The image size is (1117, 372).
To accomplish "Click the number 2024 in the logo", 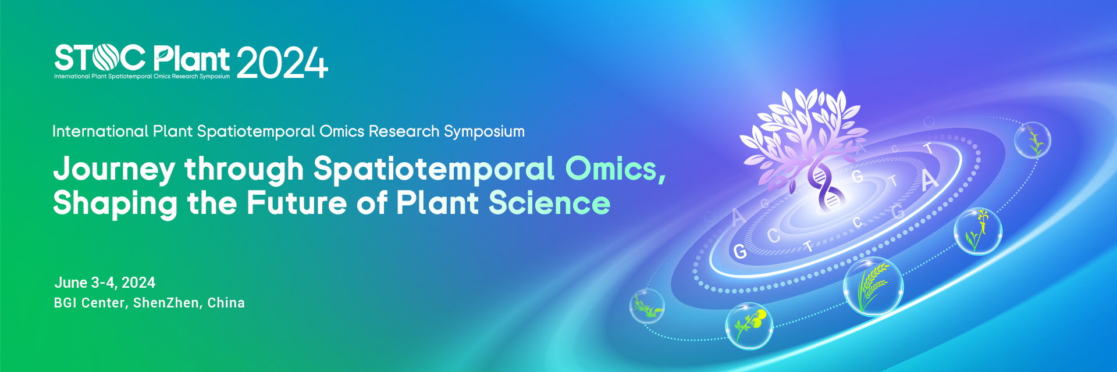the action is click(282, 63).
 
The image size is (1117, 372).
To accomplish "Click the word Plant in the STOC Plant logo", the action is click(191, 59).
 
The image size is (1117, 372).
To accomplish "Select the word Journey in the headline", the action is click(114, 170).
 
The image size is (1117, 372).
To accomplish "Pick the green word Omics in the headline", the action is click(616, 169).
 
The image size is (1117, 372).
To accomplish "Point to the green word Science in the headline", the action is click(549, 203).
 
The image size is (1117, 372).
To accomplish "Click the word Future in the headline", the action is click(297, 203).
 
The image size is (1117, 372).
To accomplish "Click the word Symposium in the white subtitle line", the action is click(484, 132).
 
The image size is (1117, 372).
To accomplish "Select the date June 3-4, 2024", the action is click(105, 283).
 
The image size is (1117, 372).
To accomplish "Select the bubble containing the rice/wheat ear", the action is click(873, 287).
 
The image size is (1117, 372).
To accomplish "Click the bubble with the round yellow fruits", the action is click(749, 326).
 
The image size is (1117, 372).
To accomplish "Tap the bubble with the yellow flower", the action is click(978, 231).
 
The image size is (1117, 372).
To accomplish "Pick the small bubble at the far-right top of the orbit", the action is click(1033, 140).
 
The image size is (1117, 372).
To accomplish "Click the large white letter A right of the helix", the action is click(929, 180).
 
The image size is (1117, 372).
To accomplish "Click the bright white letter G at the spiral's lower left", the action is click(739, 252).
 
